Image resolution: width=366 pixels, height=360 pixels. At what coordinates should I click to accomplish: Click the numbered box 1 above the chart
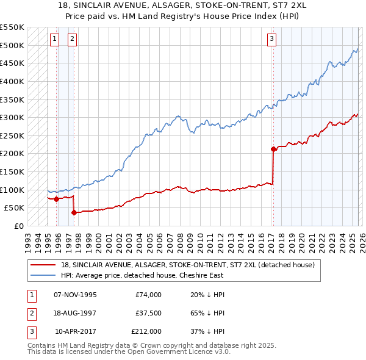coord(54,39)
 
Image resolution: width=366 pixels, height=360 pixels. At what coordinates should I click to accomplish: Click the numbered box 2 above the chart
coord(72,39)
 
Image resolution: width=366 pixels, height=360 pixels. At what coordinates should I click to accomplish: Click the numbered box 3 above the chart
coord(271,39)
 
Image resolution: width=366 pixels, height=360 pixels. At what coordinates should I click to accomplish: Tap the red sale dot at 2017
coord(273,149)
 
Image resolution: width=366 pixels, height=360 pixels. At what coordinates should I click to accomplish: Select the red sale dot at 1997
coord(74,212)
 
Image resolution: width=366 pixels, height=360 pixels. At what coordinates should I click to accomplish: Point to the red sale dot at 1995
coord(56,199)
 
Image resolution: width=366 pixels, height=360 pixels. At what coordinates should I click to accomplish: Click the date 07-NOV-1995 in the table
coord(75,295)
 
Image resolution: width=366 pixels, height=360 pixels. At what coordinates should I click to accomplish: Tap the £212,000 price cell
coord(146,331)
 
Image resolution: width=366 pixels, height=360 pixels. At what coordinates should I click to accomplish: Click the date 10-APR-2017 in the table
coord(76,331)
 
